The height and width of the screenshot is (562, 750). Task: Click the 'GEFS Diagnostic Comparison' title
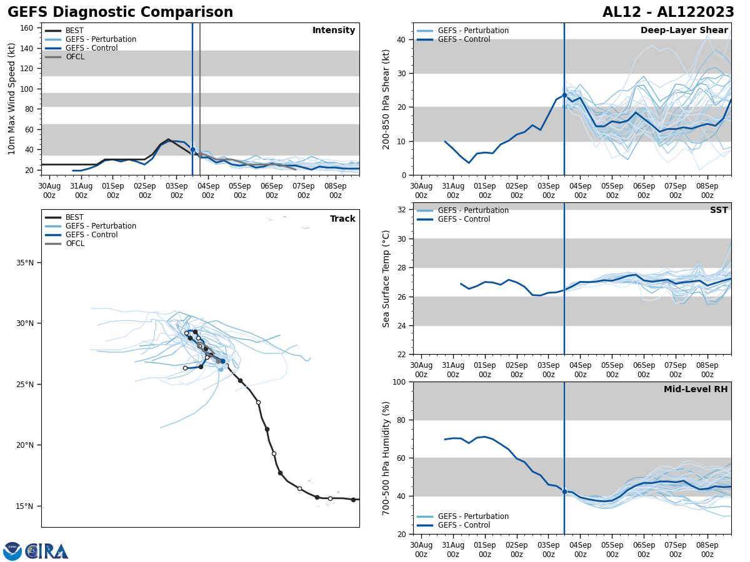(x=120, y=12)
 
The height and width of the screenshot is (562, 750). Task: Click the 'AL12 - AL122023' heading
(x=668, y=12)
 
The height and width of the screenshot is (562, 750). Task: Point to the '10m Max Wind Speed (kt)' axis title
(x=12, y=99)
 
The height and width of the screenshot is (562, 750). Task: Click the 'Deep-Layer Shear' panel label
(x=684, y=31)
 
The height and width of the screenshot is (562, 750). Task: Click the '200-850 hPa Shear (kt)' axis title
(x=386, y=99)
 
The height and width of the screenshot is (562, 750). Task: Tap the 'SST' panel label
(x=719, y=210)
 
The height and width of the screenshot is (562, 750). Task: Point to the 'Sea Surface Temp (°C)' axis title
(x=386, y=279)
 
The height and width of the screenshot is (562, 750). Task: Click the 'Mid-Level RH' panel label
(x=696, y=390)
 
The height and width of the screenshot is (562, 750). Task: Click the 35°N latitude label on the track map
(x=25, y=262)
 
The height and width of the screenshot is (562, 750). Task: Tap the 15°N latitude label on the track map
(x=25, y=506)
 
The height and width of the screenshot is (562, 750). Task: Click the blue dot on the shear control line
(x=564, y=95)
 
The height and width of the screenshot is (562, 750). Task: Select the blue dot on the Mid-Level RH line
(x=564, y=491)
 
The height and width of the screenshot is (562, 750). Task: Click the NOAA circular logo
(x=12, y=551)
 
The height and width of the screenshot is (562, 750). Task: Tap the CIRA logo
(x=47, y=551)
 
